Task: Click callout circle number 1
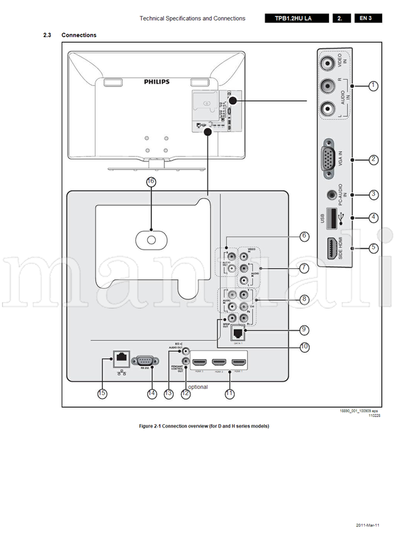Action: [374, 85]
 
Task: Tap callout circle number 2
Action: [374, 159]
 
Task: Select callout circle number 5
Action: [374, 248]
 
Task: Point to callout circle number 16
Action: [151, 181]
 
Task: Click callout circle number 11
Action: [230, 394]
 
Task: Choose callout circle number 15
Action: [101, 394]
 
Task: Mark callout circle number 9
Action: [304, 329]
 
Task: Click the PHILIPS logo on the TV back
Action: [157, 82]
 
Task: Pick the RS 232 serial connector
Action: [144, 360]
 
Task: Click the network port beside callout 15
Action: [122, 358]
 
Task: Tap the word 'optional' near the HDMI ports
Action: [198, 387]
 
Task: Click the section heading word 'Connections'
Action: [79, 35]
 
